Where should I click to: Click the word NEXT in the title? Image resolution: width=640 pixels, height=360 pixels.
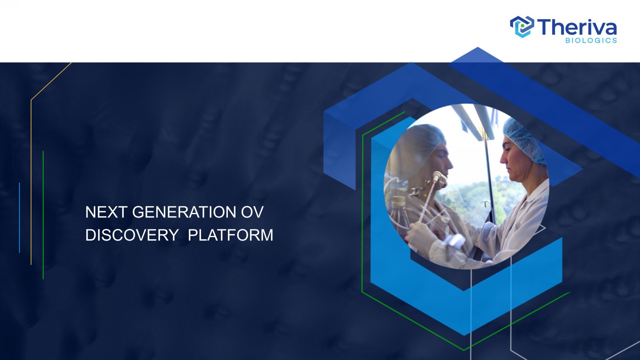click(106, 212)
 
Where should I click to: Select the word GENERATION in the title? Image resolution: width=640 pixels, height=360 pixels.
click(184, 212)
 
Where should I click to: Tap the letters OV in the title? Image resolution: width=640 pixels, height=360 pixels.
click(252, 212)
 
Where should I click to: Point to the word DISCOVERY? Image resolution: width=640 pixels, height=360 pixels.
click(132, 235)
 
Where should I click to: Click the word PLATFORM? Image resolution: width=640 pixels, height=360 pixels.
click(230, 235)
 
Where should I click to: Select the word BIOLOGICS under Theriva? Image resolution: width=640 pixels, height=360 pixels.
click(591, 40)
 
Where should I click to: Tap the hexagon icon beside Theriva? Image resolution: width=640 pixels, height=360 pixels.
click(522, 26)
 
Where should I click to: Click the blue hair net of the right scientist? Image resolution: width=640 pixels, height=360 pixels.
click(524, 140)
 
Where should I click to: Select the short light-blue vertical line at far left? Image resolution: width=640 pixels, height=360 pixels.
click(20, 218)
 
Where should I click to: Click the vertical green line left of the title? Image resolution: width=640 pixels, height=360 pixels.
click(43, 215)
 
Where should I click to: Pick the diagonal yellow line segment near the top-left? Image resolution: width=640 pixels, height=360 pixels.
click(51, 81)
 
